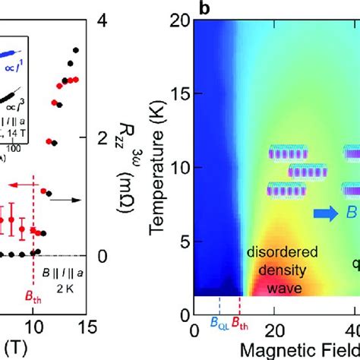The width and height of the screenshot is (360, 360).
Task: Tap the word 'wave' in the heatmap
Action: click(274, 289)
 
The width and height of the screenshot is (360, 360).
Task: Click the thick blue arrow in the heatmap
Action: click(322, 215)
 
